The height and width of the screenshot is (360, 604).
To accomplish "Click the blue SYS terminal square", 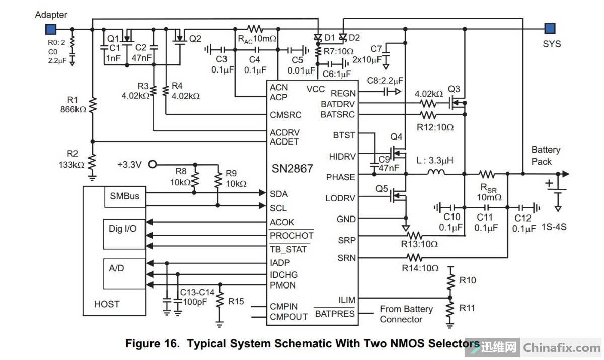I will coord(550,28).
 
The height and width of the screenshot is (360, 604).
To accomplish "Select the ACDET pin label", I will coord(284,142).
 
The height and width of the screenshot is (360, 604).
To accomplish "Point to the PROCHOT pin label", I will coord(291,236).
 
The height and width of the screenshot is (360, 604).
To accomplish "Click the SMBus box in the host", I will coord(123,196).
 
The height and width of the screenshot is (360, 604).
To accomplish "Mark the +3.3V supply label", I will coord(130,165).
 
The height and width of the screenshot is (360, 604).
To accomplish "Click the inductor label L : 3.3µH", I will coord(434,161).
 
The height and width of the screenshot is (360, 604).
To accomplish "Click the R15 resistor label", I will coord(236,301).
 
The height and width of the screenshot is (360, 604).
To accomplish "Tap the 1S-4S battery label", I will coord(554,227).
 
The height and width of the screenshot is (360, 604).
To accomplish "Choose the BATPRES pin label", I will coord(334,314).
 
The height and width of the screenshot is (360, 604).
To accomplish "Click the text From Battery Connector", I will coord(406,314).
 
